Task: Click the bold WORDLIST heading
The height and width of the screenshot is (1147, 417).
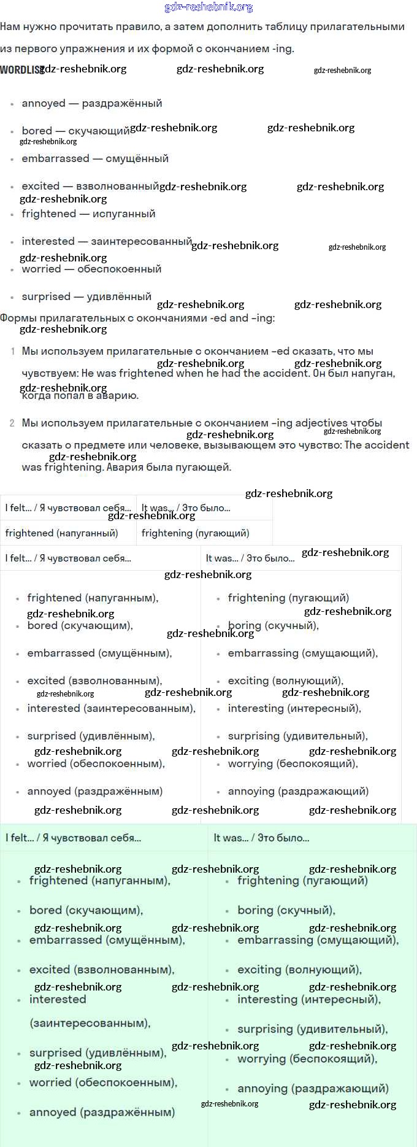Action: [x=21, y=70]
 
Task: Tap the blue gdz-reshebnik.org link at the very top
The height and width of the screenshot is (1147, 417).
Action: [x=208, y=7]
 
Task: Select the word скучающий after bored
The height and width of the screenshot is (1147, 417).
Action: [x=99, y=131]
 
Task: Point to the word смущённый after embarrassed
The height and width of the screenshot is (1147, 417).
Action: [x=137, y=158]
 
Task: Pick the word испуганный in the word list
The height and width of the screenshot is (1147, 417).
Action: [x=124, y=214]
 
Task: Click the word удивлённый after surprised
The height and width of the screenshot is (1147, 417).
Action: [x=119, y=296]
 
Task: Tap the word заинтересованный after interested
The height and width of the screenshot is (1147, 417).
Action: [x=141, y=241]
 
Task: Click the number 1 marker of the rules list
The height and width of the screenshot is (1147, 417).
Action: [x=13, y=352]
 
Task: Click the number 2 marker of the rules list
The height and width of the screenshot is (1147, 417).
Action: [x=12, y=423]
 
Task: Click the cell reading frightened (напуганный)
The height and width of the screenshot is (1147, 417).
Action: [x=61, y=533]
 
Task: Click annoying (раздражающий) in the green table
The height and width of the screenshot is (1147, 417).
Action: [x=313, y=1088]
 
